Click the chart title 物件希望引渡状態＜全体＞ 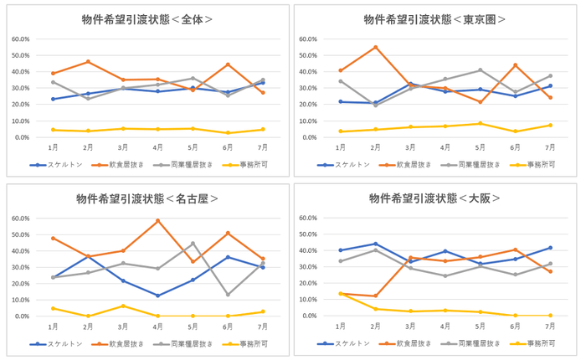pyautogui.click(x=147, y=19)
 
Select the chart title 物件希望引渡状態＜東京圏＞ pyautogui.click(x=435, y=19)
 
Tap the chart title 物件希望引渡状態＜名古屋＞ pyautogui.click(x=147, y=198)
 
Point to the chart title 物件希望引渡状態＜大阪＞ pyautogui.click(x=435, y=198)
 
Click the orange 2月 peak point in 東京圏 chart pyautogui.click(x=376, y=47)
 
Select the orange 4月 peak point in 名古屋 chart pyautogui.click(x=158, y=221)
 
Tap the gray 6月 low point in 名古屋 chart pyautogui.click(x=229, y=295)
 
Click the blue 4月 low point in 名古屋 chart pyautogui.click(x=158, y=296)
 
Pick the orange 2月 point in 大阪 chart pyautogui.click(x=376, y=296)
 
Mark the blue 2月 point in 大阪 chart pyautogui.click(x=376, y=244)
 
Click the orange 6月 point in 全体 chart pyautogui.click(x=229, y=64)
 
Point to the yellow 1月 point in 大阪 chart pyautogui.click(x=341, y=294)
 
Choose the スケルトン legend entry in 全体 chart pyautogui.click(x=56, y=166)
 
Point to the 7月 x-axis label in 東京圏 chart pyautogui.click(x=551, y=148)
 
